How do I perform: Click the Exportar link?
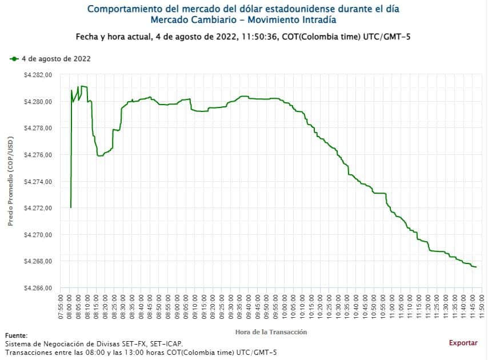(463, 343)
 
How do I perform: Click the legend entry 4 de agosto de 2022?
(56, 58)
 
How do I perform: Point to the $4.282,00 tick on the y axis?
(38, 75)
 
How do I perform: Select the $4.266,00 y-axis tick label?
(38, 288)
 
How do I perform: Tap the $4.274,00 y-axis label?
(38, 182)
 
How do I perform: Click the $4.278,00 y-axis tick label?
(38, 128)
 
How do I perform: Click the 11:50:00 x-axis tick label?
(482, 309)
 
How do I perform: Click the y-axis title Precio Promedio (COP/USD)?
(10, 181)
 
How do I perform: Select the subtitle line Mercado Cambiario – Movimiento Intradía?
(243, 20)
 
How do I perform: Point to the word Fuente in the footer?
(15, 335)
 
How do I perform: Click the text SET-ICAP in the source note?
(166, 343)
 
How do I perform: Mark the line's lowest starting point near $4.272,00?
(71, 207)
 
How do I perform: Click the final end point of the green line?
(476, 267)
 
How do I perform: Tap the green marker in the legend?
(14, 58)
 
